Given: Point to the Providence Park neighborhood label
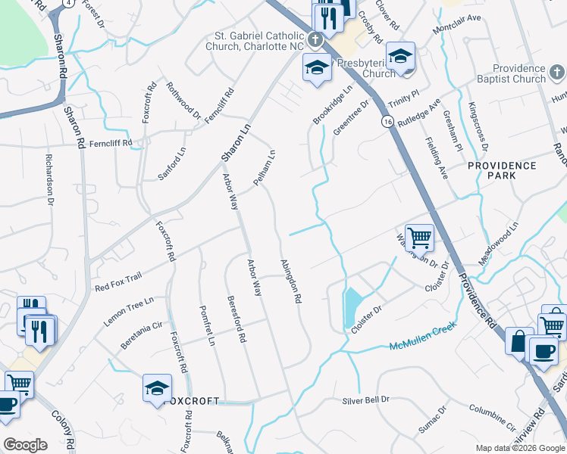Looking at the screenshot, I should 502,170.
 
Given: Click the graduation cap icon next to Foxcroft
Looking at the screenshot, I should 157,388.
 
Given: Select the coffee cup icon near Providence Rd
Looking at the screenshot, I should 542,350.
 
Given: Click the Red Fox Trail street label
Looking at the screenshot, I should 117,282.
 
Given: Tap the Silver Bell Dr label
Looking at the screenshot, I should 365,400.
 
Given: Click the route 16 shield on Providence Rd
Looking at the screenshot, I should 387,122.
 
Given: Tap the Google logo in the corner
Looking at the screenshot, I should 25,445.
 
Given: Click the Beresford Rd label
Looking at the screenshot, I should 237,319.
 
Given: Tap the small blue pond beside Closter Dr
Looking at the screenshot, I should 352,307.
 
